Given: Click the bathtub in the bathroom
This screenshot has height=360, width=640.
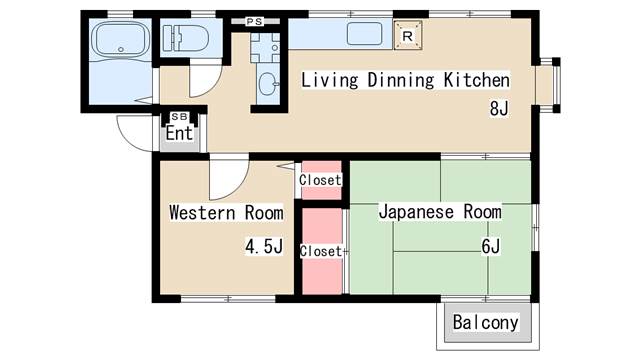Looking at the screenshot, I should point(118,42).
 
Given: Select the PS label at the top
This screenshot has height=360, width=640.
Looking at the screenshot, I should point(255,20).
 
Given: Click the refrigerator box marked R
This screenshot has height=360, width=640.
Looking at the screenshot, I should point(407,35).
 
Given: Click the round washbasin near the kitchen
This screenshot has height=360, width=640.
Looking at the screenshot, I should point(268,84).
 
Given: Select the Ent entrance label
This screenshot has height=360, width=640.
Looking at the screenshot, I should point(179,132).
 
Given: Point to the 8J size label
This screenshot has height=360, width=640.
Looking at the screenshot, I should point(499,109).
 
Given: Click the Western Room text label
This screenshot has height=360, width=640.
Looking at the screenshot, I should point(226,212).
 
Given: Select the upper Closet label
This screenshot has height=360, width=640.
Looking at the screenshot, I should point(320,180).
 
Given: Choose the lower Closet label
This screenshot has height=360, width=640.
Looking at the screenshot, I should point(320,251).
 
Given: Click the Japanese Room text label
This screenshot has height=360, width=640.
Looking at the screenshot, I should point(439,212).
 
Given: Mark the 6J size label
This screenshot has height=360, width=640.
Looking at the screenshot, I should point(490,246).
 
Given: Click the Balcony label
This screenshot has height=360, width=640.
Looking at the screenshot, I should point(486,322).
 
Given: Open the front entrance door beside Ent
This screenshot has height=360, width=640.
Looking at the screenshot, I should point(136,132).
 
